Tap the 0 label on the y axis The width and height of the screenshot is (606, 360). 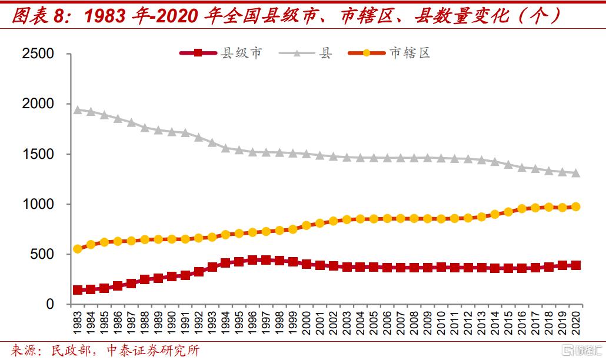(x=50, y=305)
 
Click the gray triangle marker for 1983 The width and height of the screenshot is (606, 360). (x=77, y=109)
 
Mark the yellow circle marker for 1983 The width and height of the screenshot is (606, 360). (x=77, y=249)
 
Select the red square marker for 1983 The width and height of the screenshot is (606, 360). (x=77, y=290)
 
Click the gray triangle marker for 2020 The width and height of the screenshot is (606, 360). (x=576, y=173)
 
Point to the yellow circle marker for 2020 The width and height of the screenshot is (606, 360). (x=576, y=206)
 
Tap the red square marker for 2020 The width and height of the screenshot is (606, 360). (x=576, y=265)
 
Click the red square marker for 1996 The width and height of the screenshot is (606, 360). (x=252, y=260)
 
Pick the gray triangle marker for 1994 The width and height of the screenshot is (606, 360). (x=225, y=148)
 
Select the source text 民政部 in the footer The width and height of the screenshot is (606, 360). (x=67, y=351)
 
